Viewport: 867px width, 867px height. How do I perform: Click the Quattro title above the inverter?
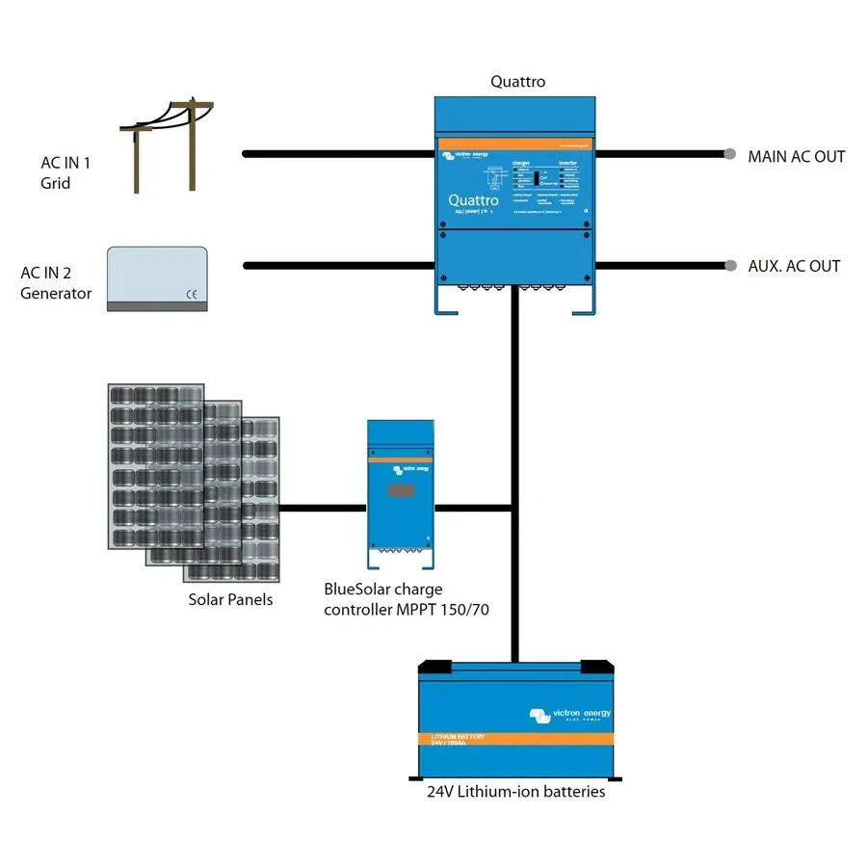517,82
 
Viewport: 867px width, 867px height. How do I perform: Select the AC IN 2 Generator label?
56,283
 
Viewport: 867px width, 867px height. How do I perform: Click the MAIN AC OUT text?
796,156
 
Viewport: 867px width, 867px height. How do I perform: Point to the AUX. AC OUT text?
794,266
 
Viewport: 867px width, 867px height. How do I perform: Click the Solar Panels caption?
230,599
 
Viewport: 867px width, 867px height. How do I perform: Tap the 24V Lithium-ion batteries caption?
516,791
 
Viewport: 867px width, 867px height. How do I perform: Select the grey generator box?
156,277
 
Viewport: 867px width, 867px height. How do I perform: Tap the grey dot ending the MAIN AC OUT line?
730,154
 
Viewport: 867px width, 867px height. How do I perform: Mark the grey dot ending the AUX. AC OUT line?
730,266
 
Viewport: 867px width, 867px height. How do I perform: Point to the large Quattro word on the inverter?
473,200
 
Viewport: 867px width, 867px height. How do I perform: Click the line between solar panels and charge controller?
322,506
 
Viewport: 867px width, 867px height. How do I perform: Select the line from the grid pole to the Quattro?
337,153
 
